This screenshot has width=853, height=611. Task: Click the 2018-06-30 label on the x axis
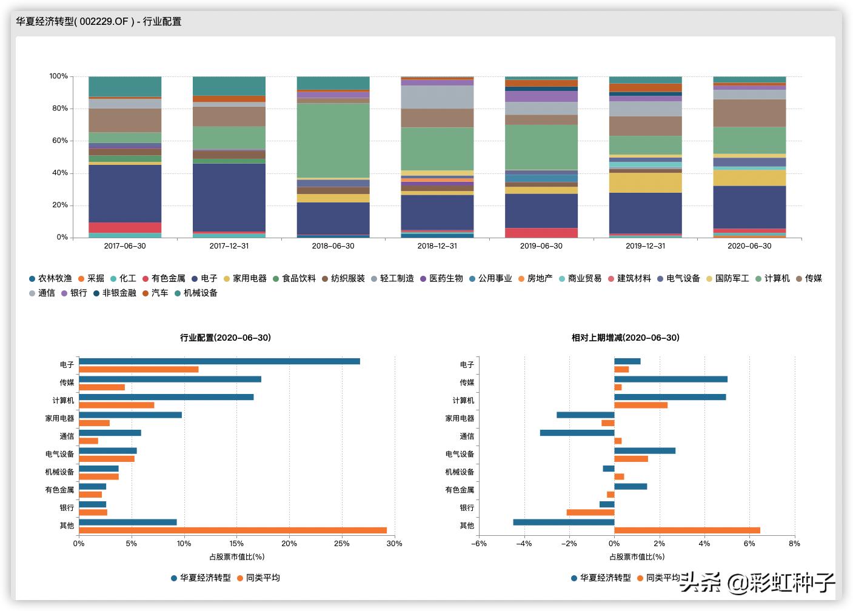[333, 246]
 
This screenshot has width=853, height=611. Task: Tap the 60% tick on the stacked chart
[59, 141]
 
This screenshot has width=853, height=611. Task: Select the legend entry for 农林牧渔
[51, 278]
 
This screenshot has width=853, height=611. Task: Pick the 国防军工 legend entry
[728, 278]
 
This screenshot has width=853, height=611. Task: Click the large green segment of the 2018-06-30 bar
[333, 140]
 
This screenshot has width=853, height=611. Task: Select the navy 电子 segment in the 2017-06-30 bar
[125, 193]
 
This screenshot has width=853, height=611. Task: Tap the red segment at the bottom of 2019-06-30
[541, 233]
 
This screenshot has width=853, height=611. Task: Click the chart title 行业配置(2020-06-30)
[226, 338]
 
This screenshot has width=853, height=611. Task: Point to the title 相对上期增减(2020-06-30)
[625, 338]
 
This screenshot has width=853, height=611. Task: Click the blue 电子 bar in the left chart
[219, 361]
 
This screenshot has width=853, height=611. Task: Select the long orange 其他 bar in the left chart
[233, 530]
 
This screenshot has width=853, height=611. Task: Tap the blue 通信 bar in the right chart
[577, 433]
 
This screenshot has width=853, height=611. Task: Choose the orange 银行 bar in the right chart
[590, 512]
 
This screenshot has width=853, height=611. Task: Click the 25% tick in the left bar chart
[342, 544]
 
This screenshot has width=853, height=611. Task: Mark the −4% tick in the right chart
[523, 544]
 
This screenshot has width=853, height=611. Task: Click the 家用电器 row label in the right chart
[460, 418]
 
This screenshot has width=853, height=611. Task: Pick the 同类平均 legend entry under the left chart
[258, 578]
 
